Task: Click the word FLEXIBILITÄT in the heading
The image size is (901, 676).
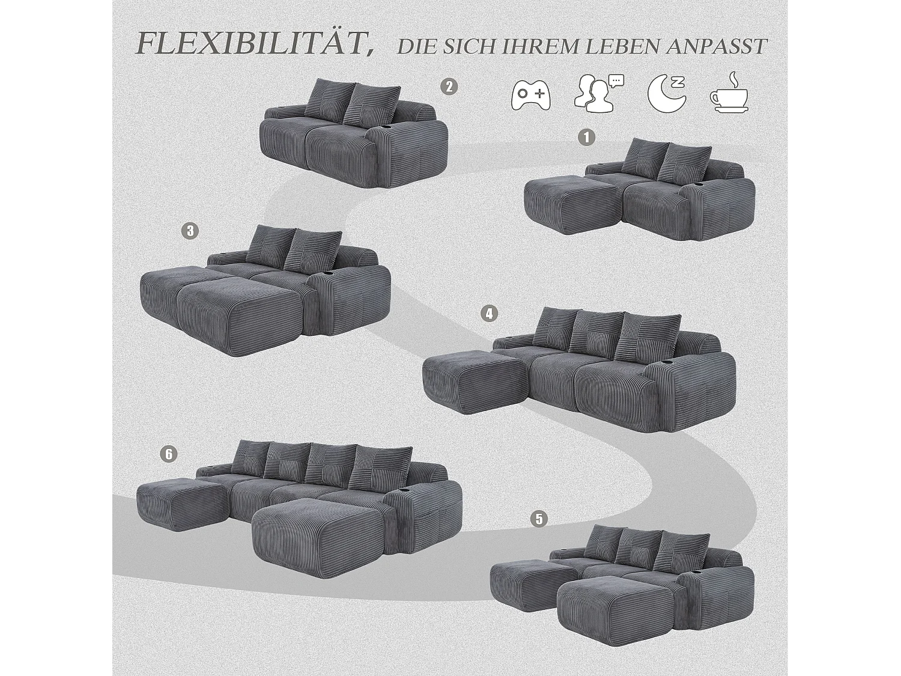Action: point(252,43)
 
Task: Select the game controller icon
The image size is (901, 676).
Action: point(530,95)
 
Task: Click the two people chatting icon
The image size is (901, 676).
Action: point(598,94)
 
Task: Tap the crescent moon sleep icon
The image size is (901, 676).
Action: point(667,94)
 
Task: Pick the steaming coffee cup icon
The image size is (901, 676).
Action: point(730,94)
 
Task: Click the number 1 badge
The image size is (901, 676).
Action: point(586,138)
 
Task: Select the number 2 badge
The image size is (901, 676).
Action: point(449,87)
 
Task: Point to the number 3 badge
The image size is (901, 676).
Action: point(190,231)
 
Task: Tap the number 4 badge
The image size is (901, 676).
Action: point(490,313)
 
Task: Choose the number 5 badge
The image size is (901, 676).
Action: point(539,519)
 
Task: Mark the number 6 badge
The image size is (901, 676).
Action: point(169,454)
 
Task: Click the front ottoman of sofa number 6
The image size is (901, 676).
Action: point(321,529)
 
